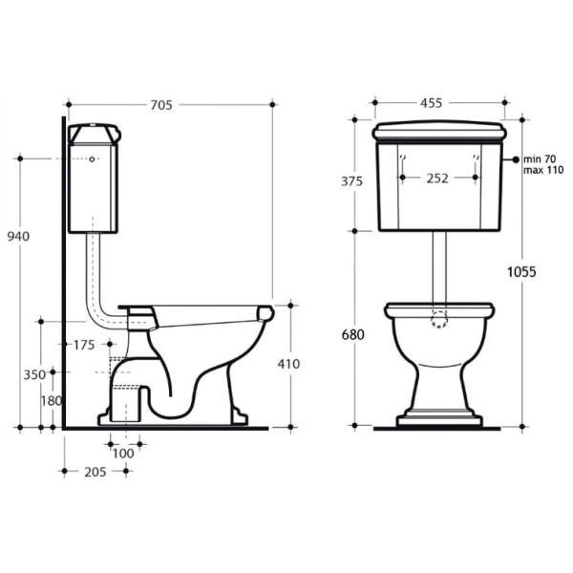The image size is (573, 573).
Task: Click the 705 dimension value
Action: (161, 105)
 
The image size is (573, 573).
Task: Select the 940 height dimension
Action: (18, 237)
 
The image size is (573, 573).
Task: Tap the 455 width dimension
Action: (432, 103)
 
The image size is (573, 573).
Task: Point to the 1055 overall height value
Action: (521, 272)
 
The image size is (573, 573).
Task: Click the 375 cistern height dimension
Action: (351, 181)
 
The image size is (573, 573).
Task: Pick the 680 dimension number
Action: (353, 335)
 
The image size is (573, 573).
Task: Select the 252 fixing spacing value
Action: (437, 179)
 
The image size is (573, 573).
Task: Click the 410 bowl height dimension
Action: (288, 364)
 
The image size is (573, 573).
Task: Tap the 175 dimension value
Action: (84, 345)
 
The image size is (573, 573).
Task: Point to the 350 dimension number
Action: (34, 375)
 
